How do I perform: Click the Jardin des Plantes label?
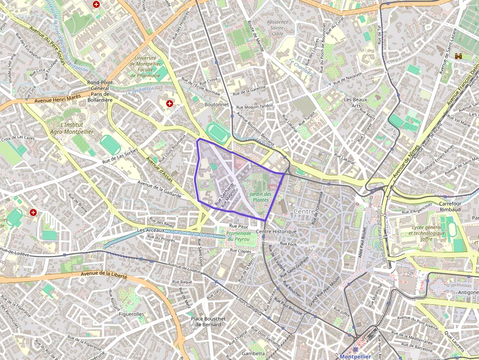(x=260, y=197)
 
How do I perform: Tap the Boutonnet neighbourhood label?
(x=217, y=104)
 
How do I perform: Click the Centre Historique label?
(x=276, y=231)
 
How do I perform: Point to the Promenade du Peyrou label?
(x=239, y=236)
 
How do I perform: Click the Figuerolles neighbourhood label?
(x=131, y=314)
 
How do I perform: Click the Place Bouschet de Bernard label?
(x=208, y=321)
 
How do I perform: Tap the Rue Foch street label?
(x=289, y=243)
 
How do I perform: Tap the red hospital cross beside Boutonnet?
(x=170, y=104)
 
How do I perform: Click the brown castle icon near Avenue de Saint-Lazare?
(x=458, y=57)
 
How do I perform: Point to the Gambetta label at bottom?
(x=253, y=353)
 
